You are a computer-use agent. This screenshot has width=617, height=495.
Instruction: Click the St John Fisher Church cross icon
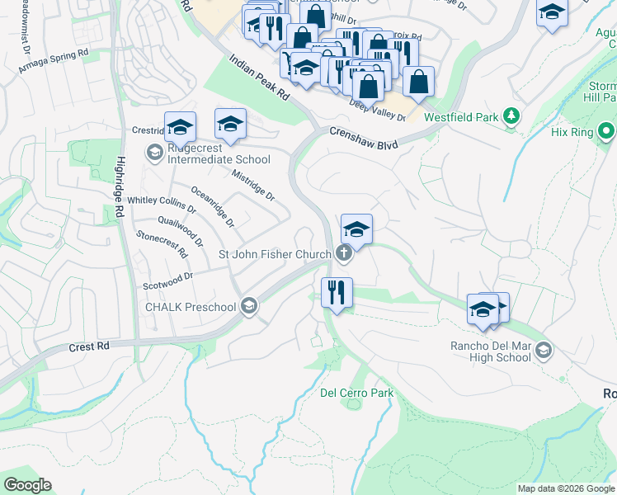pos(343,254)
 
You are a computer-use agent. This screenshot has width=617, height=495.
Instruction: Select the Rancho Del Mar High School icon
pos(543,351)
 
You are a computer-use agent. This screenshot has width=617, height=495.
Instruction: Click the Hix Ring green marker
pos(606,131)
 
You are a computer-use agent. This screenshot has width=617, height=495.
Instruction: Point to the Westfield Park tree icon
pos(512,117)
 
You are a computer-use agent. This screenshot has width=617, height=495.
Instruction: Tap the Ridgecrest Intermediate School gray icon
pos(154,152)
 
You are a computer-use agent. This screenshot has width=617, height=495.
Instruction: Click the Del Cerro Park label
pos(356,393)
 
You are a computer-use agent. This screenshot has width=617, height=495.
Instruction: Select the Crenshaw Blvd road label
pos(364,138)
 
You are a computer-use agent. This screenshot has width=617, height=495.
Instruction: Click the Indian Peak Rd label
pos(259,78)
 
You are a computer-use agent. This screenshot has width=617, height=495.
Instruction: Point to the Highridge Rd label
pos(120,186)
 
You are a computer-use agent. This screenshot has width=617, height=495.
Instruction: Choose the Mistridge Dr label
pos(252,186)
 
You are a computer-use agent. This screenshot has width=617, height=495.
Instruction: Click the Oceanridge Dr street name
pos(213,207)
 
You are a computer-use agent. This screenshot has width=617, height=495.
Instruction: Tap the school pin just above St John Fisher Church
pos(356,229)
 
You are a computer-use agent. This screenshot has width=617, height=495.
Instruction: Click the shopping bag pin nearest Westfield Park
pos(419,82)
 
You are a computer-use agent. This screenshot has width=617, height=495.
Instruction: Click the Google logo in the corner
pos(27,485)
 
